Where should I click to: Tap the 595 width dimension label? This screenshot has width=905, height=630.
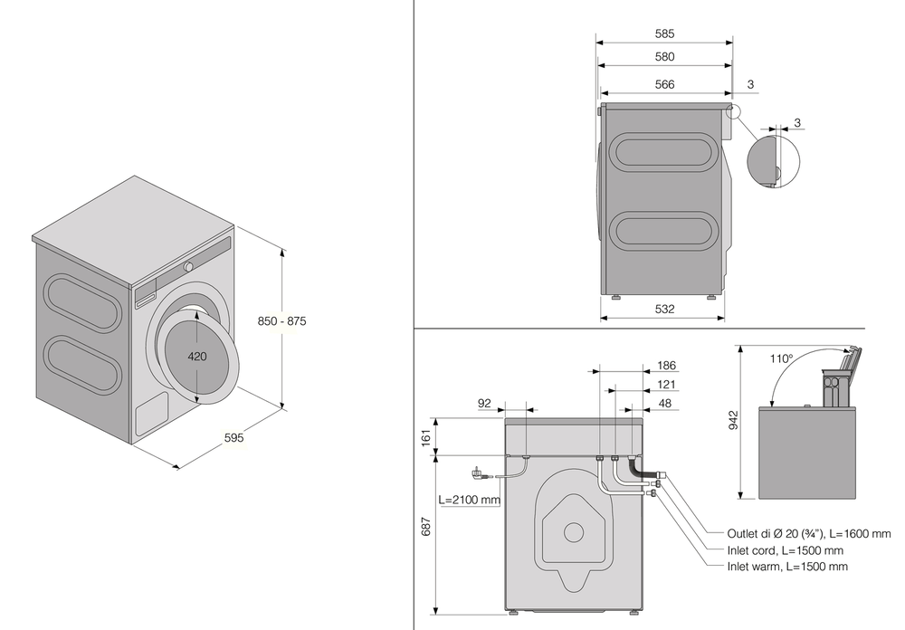pyautogui.click(x=234, y=437)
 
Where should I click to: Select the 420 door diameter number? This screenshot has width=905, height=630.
pyautogui.click(x=197, y=356)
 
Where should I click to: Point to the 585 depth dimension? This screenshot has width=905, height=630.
pyautogui.click(x=664, y=33)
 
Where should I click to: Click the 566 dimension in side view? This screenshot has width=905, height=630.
pyautogui.click(x=664, y=84)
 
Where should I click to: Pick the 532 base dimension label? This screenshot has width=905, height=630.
pyautogui.click(x=664, y=309)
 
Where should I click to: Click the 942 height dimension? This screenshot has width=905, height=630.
pyautogui.click(x=733, y=421)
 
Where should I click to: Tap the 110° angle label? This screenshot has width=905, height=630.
pyautogui.click(x=781, y=358)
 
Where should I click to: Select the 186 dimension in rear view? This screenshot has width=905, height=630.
pyautogui.click(x=666, y=366)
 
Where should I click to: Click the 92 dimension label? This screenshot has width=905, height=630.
pyautogui.click(x=483, y=404)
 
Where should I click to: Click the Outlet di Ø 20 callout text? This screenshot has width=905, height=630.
pyautogui.click(x=809, y=533)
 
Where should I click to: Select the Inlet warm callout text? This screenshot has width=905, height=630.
pyautogui.click(x=787, y=567)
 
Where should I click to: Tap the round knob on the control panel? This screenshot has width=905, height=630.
pyautogui.click(x=188, y=267)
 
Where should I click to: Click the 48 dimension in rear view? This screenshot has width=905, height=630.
pyautogui.click(x=666, y=404)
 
